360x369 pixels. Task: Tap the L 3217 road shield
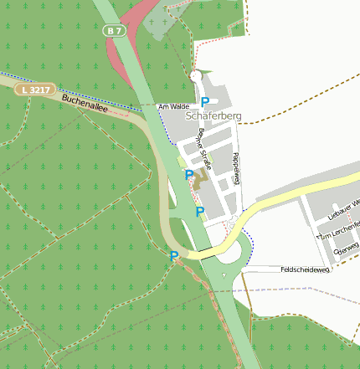click(x=39, y=88)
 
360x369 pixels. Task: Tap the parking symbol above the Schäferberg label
click(x=205, y=102)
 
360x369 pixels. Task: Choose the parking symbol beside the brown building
click(x=189, y=175)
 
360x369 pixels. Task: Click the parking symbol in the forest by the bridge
click(x=174, y=256)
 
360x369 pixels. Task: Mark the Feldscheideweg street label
click(x=306, y=269)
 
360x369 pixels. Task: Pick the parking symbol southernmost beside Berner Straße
click(x=199, y=212)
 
